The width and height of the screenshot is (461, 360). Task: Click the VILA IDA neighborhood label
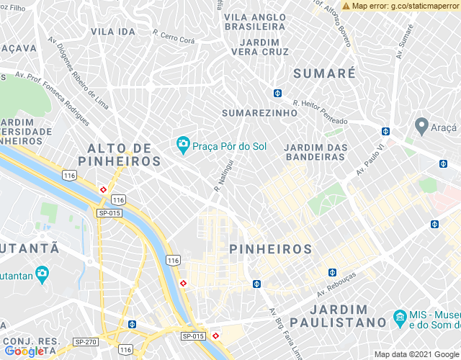pos(113,32)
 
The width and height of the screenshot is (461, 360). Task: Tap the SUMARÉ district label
pos(325,73)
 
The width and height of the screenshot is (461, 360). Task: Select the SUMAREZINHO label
pos(259,113)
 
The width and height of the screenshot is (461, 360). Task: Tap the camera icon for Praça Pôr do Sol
pos(183,146)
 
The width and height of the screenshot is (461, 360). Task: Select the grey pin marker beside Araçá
pos(421,126)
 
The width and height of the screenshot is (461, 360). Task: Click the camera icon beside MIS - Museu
pos(399,317)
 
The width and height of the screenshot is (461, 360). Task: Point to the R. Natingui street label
pos(225,176)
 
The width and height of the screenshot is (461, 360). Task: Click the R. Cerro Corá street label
pos(174,37)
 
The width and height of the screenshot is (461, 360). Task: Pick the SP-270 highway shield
pos(86,342)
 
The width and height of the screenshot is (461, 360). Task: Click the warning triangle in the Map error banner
pos(346,6)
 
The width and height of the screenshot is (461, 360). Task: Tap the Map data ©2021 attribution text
pos(407,354)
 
